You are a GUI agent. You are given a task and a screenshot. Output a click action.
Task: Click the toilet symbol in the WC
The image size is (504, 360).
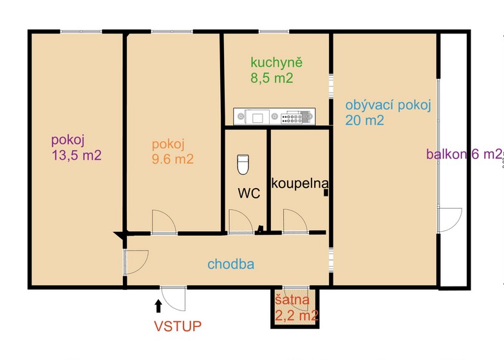(243, 164)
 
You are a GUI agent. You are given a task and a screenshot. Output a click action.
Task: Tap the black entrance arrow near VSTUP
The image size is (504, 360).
(158, 306)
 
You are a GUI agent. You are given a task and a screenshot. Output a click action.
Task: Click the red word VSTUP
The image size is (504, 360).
(178, 326)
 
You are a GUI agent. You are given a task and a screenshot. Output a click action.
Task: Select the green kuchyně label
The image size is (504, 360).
(276, 62)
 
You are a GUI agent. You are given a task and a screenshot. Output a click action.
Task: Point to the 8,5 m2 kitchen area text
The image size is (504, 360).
(272, 78)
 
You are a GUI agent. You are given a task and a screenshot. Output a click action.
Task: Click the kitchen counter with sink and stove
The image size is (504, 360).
(274, 116)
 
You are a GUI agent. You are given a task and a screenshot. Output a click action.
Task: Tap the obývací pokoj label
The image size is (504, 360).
(388, 106)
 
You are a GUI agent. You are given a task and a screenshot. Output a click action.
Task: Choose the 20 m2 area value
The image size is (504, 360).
(364, 120)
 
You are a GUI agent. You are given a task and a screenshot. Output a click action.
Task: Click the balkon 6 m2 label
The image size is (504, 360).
(464, 154)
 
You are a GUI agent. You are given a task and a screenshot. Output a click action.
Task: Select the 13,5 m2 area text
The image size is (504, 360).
(77, 155)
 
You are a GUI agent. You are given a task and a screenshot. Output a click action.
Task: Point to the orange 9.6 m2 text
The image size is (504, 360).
(173, 159)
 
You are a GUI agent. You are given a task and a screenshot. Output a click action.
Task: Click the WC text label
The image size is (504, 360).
(249, 193)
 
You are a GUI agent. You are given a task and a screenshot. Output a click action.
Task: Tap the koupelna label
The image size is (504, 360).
(300, 184)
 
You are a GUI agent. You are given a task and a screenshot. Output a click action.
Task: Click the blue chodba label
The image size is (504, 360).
(231, 264)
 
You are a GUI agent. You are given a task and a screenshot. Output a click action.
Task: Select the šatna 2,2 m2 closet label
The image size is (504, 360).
(297, 307)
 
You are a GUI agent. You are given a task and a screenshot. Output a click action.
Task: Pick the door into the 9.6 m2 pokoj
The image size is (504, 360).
(164, 222)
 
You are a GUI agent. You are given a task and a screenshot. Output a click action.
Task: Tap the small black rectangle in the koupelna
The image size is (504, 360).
(326, 193)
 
